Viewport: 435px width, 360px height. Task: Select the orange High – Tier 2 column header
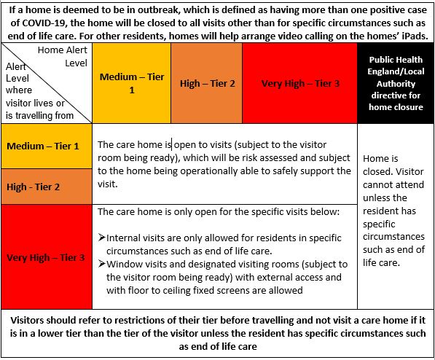point(208,83)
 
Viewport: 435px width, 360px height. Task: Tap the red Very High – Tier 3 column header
point(300,83)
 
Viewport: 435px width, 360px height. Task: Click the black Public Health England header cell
point(396,82)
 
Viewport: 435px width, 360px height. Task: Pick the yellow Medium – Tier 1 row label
point(43,146)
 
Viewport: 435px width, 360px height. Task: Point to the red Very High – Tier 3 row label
point(46,257)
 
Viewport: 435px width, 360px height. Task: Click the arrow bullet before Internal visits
point(101,238)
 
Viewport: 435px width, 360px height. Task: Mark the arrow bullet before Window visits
point(101,264)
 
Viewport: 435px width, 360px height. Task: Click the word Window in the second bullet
point(125,264)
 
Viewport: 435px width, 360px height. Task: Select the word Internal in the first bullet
point(125,238)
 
